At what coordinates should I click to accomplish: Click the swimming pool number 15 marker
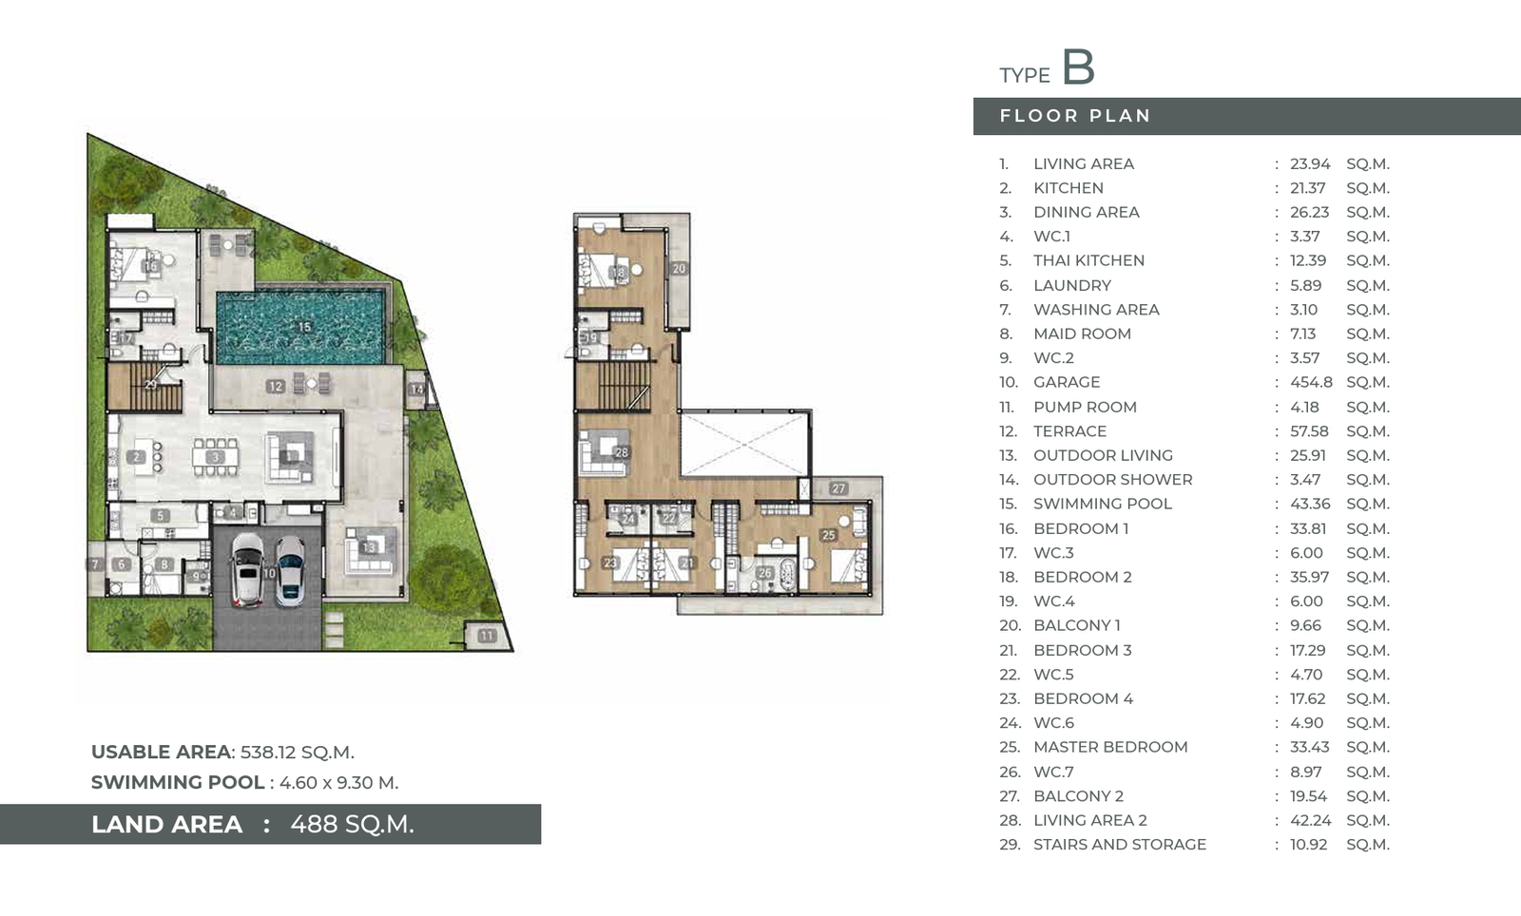tap(304, 326)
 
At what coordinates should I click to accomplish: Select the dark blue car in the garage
tap(290, 571)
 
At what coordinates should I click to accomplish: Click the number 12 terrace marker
tap(275, 386)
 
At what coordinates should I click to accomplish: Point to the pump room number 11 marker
tap(486, 636)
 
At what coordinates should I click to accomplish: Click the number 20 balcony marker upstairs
tap(679, 269)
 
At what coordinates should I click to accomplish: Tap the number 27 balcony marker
tap(838, 488)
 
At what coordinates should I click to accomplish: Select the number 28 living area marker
tap(621, 452)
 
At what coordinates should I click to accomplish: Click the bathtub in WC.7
tap(787, 574)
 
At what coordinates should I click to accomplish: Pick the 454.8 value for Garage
tap(1311, 382)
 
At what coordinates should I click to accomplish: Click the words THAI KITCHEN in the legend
tap(1088, 260)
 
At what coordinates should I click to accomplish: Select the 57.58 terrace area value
tap(1309, 430)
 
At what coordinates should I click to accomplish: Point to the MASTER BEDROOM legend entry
tap(1110, 747)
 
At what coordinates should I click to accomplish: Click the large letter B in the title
tap(1078, 67)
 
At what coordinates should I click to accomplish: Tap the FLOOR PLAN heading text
tap(1075, 116)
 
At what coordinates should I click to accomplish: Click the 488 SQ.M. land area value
tap(352, 825)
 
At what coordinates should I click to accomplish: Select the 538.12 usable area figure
tap(270, 753)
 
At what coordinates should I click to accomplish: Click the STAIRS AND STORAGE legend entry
tap(1120, 845)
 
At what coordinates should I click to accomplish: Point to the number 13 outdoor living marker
tap(369, 547)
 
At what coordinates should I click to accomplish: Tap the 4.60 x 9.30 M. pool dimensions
tap(338, 783)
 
